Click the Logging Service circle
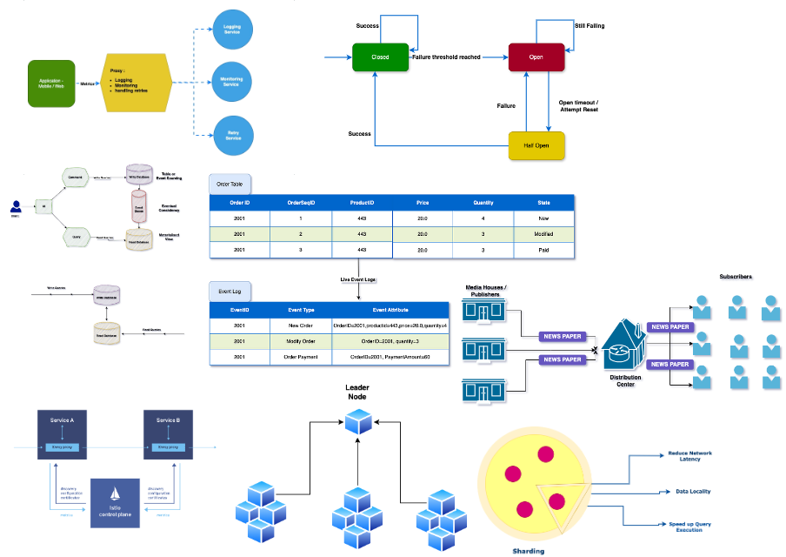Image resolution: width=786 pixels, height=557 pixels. click(232, 30)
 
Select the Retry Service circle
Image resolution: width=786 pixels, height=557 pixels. click(232, 136)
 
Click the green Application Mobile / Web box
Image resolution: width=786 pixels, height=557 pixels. click(51, 84)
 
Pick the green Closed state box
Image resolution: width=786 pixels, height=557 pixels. click(380, 57)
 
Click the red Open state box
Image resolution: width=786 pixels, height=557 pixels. click(536, 57)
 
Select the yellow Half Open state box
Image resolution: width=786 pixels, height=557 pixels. click(536, 145)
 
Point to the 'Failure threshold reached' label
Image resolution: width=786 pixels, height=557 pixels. click(446, 57)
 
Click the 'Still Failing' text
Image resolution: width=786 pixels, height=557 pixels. click(589, 26)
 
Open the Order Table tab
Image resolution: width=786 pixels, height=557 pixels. click(230, 185)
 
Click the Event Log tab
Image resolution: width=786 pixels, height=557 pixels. click(230, 292)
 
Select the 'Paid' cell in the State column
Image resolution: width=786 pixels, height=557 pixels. click(543, 250)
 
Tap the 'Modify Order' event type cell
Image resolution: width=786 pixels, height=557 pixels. click(301, 341)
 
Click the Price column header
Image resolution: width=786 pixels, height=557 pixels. click(423, 203)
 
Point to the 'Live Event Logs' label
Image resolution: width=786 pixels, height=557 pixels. click(358, 280)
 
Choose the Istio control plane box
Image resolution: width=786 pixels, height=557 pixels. click(116, 503)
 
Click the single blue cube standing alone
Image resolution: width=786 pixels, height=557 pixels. click(358, 421)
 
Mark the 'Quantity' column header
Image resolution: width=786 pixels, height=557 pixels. click(483, 203)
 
